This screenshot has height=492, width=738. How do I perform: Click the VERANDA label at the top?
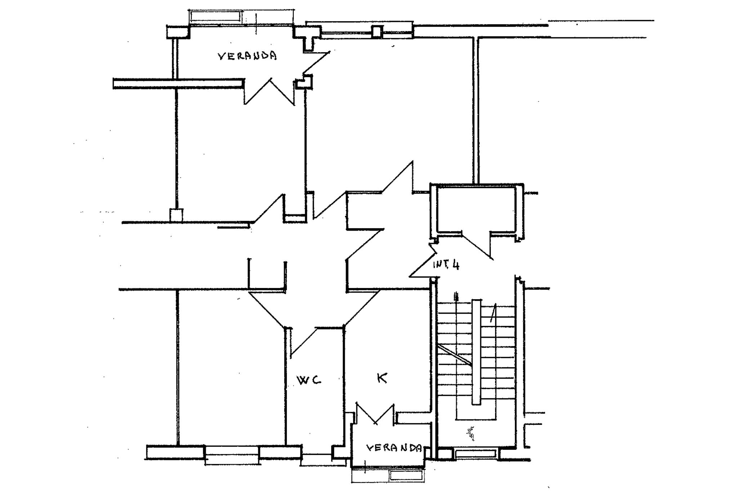pos(247,56)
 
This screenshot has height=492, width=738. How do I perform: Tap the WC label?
pos(308,380)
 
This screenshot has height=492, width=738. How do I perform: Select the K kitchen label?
pos(382,378)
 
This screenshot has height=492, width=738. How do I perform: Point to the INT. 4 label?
pos(446,265)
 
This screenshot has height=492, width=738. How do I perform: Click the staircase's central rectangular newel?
pos(476,352)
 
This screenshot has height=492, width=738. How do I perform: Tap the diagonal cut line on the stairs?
pos(454,355)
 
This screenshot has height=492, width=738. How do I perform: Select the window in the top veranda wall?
pos(215,16)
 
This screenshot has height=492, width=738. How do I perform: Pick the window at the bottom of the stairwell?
pos(476,453)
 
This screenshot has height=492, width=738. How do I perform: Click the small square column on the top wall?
pos(377,31)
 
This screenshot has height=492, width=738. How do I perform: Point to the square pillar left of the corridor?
pos(176,215)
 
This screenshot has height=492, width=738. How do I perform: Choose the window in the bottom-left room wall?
pos(232,455)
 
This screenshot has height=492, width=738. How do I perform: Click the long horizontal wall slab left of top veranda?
pos(177,84)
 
